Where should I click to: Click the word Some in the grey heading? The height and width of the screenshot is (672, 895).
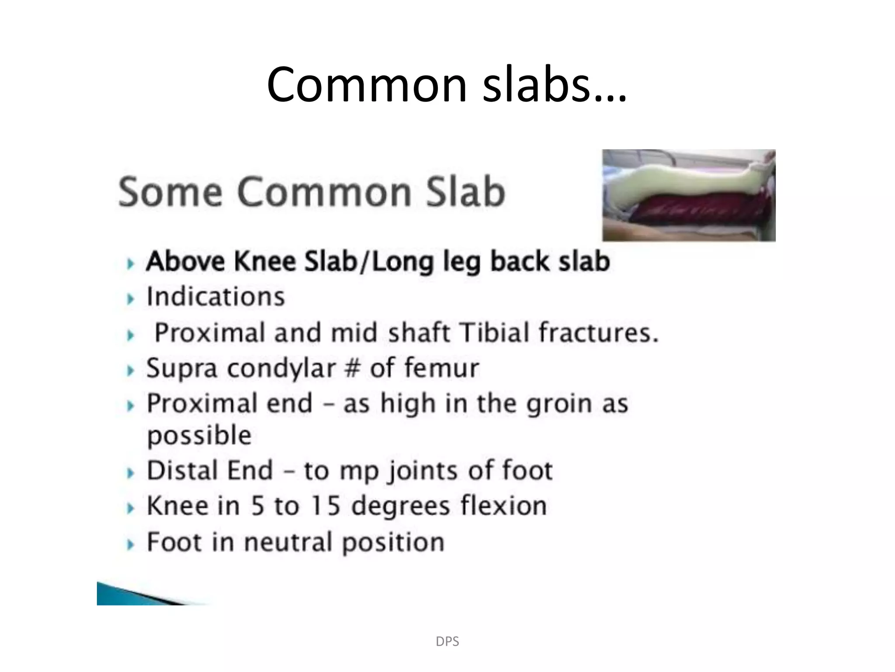pos(170,192)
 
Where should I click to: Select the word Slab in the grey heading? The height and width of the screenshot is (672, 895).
pos(465,192)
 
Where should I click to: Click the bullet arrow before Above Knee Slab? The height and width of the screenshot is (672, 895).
pos(130,264)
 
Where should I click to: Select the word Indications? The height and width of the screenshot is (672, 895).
pos(215,297)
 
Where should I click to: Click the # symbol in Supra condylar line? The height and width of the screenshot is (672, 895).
pos(353,368)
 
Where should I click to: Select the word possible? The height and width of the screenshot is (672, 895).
pos(199,436)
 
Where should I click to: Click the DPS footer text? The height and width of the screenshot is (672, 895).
pos(447,641)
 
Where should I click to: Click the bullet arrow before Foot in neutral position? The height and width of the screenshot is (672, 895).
pos(130,545)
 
